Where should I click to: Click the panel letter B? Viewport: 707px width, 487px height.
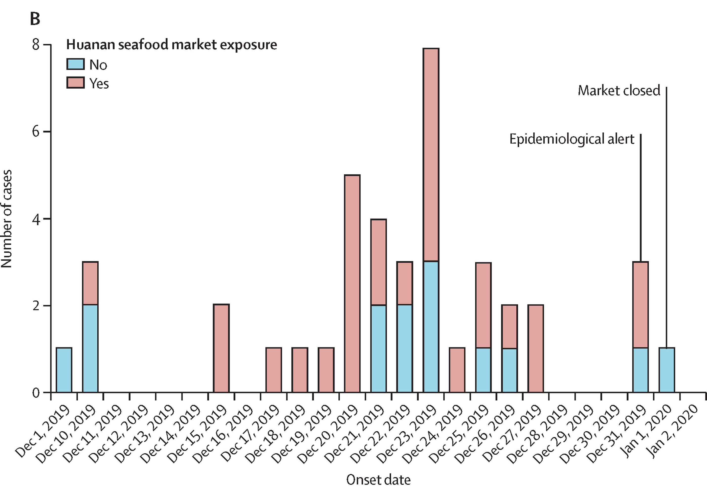click(35, 19)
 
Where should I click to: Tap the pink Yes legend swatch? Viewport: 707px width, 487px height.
click(75, 83)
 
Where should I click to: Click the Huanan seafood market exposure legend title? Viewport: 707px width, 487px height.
click(172, 44)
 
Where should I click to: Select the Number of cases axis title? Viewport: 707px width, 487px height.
click(7, 219)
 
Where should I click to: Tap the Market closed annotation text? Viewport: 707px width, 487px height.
click(619, 91)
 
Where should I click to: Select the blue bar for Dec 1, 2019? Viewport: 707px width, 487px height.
click(64, 370)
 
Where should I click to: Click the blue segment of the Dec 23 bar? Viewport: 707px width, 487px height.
click(431, 326)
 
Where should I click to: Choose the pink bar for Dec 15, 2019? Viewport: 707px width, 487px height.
click(221, 348)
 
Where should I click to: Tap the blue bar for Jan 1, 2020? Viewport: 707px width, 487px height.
click(667, 370)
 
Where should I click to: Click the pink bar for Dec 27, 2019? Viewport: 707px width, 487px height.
click(536, 348)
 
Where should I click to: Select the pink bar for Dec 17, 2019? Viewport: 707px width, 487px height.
click(274, 370)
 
